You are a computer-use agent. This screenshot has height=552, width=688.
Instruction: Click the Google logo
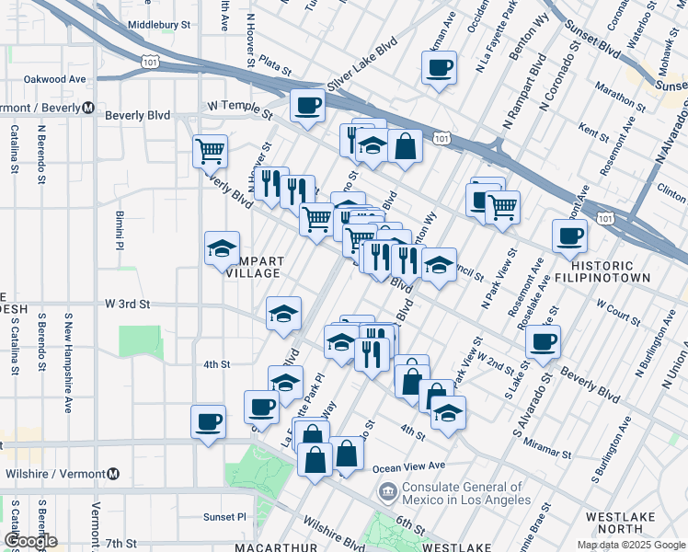coord(30,541)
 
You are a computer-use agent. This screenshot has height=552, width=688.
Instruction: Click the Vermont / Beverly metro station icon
coord(88,108)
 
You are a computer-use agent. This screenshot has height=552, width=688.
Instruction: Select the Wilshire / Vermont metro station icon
coord(112,474)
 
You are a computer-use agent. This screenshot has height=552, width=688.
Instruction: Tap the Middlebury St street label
coord(159,26)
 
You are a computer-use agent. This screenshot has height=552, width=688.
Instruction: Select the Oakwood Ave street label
coord(54,80)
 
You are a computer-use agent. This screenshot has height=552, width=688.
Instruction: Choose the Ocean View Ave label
coord(411,466)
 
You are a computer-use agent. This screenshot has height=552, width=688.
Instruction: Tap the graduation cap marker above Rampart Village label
coord(222,247)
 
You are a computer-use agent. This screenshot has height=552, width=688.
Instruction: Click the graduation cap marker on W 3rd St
coord(283,313)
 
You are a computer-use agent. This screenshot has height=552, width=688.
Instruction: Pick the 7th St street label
coord(120,544)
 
